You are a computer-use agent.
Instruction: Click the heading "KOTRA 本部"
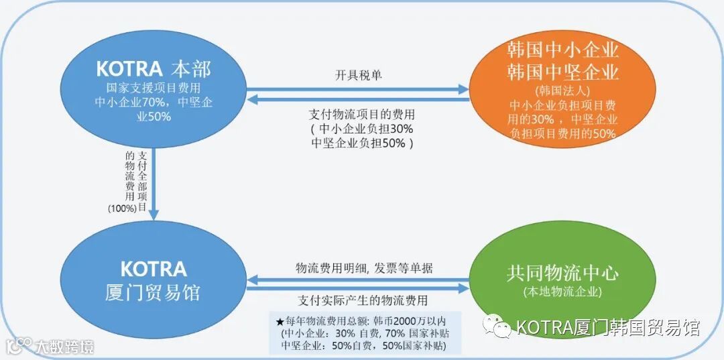(x=153, y=69)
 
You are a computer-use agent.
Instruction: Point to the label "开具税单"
(x=359, y=74)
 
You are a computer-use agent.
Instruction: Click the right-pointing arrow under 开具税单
(x=359, y=88)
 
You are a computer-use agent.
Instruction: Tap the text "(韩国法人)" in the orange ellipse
(x=562, y=90)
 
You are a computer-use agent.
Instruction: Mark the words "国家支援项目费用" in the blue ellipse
(x=154, y=88)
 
